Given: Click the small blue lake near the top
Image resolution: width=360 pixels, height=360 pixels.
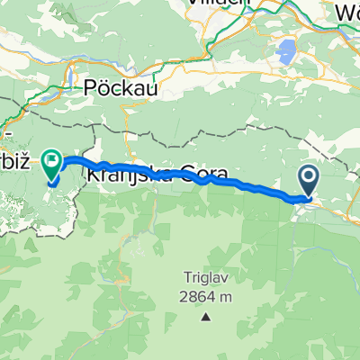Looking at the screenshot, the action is click(x=288, y=50).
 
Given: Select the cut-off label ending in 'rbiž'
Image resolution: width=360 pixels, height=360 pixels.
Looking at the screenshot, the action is click(x=18, y=146).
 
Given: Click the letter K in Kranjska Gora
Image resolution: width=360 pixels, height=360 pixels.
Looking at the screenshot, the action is click(x=92, y=172).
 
